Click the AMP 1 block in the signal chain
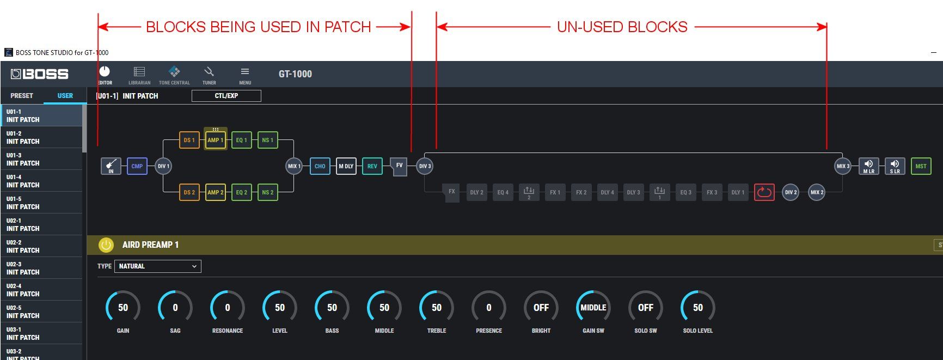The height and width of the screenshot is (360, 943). [x=216, y=140]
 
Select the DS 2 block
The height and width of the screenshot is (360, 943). [x=189, y=192]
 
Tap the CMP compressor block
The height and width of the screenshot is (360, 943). [x=137, y=166]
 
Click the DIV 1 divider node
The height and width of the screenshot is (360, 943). [x=163, y=166]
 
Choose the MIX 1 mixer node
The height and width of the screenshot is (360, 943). [x=294, y=166]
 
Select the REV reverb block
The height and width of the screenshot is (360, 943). [x=372, y=166]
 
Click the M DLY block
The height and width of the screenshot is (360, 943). [x=346, y=166]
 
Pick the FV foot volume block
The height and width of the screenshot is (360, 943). [x=399, y=166]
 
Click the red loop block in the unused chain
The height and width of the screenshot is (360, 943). [x=764, y=192]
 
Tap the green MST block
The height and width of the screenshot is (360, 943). [x=921, y=166]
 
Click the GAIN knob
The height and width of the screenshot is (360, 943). [x=123, y=308]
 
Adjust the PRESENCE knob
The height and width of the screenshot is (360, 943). [x=489, y=308]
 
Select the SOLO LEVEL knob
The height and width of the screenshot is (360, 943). [x=698, y=308]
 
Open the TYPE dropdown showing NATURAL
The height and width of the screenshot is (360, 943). [x=158, y=266]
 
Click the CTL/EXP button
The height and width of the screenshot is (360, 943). [x=226, y=96]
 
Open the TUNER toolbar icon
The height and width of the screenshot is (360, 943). [x=209, y=75]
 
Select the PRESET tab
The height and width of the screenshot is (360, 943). [x=22, y=96]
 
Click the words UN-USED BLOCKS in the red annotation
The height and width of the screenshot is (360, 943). [x=622, y=27]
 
